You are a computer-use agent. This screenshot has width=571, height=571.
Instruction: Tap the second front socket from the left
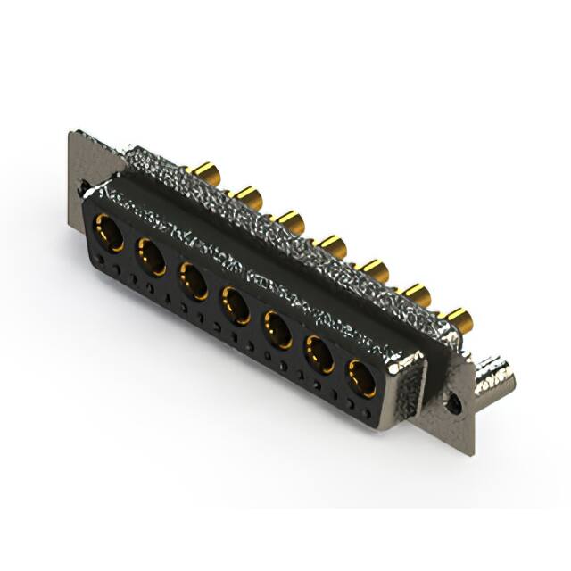151,257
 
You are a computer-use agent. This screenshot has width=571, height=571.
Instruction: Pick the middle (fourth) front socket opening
236,304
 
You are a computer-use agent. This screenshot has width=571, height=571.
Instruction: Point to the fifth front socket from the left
278,329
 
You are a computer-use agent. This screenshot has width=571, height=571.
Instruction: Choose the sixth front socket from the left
320,354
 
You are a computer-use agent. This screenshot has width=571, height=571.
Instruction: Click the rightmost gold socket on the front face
362,377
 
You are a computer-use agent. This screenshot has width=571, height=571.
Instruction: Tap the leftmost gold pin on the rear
206,171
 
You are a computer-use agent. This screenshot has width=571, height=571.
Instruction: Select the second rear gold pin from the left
247,194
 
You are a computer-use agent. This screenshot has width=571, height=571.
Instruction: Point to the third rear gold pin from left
289,218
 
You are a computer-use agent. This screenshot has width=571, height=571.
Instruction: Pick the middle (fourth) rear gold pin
333,243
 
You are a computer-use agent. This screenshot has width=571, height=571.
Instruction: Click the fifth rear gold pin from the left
375,268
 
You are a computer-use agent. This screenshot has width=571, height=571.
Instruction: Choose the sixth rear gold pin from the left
416,293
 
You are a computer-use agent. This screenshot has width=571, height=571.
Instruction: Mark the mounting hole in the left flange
83,189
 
